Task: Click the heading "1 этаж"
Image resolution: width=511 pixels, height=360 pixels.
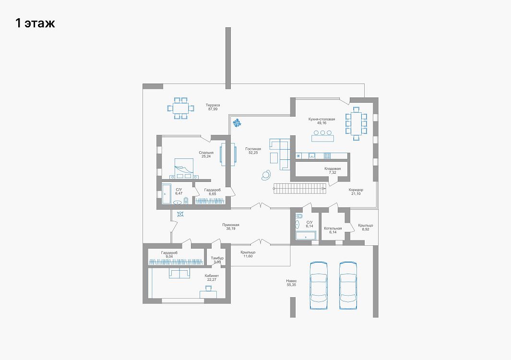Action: (35, 23)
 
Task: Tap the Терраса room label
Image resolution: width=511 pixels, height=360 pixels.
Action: (213, 105)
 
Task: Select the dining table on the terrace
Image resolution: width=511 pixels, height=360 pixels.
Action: (180, 108)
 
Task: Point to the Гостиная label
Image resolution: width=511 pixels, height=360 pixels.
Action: (253, 149)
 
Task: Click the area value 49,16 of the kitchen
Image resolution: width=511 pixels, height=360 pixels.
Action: (321, 123)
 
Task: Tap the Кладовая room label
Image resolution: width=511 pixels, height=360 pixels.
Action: (333, 168)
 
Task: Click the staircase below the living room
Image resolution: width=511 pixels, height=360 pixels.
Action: (299, 189)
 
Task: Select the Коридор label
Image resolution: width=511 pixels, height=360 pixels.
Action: (356, 190)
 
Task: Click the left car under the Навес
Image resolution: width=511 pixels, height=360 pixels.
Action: (319, 285)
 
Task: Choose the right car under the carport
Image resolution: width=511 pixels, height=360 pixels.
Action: (348, 285)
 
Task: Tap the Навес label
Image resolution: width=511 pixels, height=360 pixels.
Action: (291, 281)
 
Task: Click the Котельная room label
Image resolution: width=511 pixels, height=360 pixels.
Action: (333, 228)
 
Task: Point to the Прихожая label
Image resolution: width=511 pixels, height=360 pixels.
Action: (231, 225)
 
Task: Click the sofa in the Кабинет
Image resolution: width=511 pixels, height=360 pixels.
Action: (179, 273)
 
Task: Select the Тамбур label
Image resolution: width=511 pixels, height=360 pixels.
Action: (217, 258)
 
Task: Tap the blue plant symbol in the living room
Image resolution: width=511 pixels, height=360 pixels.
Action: (237, 122)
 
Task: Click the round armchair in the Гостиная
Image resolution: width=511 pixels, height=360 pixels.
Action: (266, 175)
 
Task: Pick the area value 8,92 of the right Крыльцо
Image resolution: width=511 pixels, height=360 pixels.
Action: (365, 229)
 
